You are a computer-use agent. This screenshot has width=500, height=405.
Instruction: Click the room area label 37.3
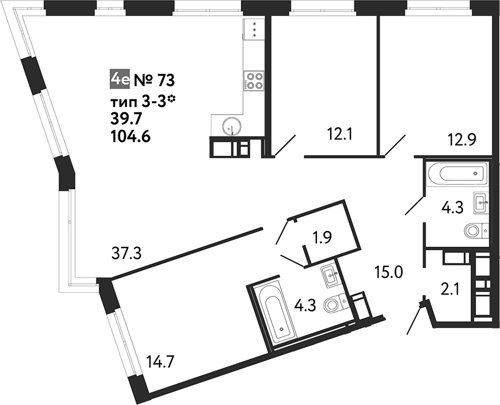[126, 254]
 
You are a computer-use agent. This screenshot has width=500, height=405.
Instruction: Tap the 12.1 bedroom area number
[339, 135]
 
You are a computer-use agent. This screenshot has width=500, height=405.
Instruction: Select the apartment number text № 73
[154, 80]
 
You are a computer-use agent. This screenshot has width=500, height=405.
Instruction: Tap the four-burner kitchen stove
[254, 81]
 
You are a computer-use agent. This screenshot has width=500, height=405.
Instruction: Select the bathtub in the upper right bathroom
[458, 174]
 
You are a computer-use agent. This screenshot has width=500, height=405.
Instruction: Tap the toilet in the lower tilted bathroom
[335, 304]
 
